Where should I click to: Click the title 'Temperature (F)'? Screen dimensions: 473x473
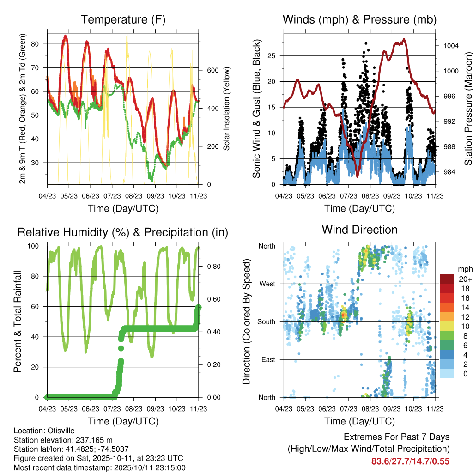pos(123,20)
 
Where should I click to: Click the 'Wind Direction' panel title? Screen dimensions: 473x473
pos(359,230)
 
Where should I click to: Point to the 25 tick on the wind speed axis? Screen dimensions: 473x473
pos(272,56)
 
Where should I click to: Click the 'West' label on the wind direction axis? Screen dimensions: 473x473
pos(267,284)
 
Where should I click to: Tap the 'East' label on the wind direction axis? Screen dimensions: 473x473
pos(268,359)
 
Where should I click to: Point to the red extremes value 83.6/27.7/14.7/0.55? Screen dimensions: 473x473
pos(410,461)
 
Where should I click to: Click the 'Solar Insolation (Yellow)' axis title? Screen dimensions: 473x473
pos(227,108)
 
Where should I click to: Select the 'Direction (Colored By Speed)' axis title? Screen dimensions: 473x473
pos(246,321)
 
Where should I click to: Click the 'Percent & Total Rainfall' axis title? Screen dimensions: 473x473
pos(17,321)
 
